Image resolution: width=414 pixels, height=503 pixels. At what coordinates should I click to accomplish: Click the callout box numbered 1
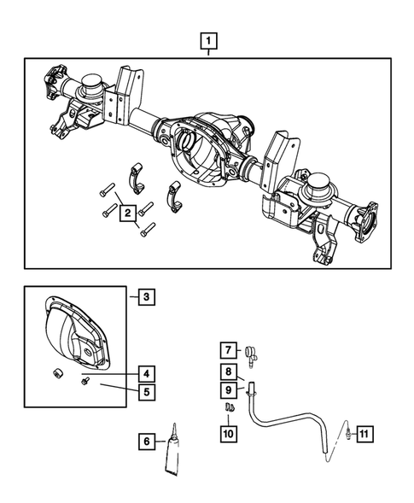point(207,39)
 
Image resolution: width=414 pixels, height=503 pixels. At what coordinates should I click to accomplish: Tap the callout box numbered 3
point(146,297)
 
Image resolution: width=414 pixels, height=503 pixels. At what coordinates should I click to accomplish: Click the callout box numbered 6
point(146,442)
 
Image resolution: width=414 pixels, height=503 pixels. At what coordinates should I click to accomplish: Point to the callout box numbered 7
point(229,349)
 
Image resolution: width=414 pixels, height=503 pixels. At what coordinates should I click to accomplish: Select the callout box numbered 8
point(229,371)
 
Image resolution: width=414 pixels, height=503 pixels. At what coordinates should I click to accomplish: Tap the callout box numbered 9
point(229,390)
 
